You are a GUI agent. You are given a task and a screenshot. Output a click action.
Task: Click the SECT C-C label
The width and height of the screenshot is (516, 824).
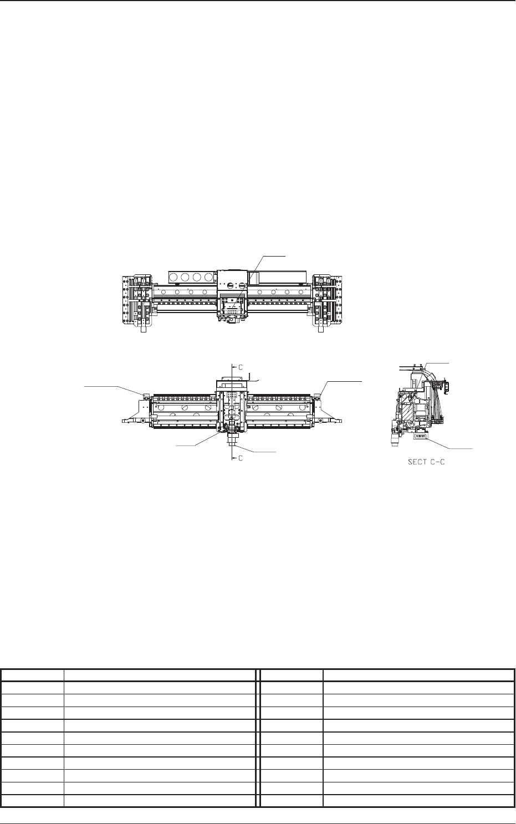[426, 462]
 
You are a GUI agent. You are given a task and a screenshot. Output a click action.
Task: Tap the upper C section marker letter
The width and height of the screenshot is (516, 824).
[241, 367]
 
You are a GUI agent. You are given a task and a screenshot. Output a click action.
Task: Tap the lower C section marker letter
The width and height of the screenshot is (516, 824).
[241, 458]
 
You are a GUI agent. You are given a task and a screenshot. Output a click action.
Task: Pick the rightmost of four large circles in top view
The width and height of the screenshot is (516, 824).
[209, 277]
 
